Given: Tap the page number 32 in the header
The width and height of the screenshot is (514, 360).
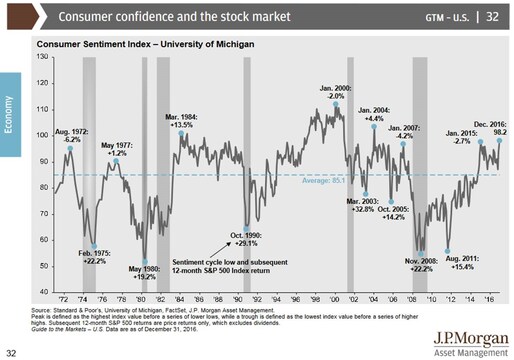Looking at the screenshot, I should click(495, 16).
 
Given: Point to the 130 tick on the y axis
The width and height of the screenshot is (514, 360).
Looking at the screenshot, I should click(42, 56).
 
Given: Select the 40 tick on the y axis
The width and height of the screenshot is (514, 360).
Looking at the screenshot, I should click(43, 291).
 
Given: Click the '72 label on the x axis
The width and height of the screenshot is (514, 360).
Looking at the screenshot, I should click(62, 299).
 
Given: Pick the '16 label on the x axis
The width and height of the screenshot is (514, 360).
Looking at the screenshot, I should click(486, 299).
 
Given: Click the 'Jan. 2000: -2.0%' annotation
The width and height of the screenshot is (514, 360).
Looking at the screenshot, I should click(334, 93).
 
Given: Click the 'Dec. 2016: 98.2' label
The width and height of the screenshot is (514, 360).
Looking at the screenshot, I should click(486, 106).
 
